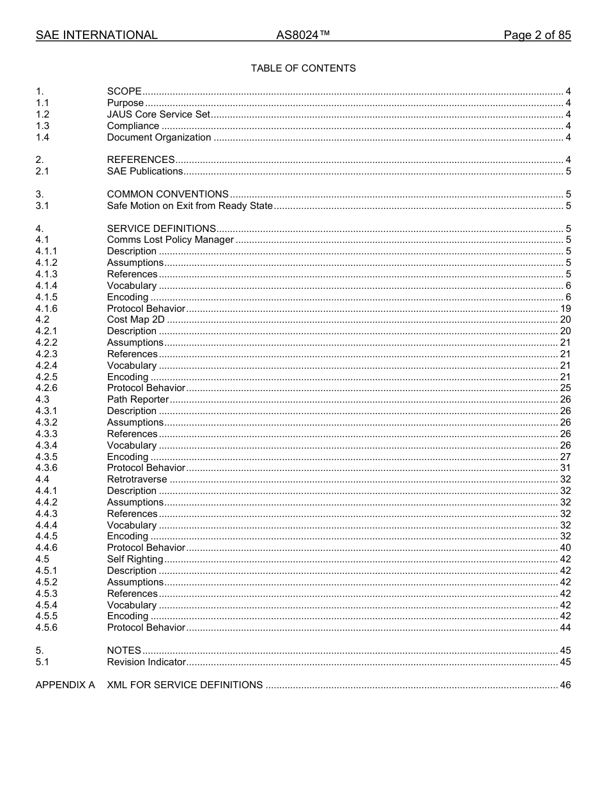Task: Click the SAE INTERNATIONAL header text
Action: pos(96,35)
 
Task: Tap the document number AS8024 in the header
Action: pos(303,35)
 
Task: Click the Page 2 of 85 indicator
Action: pos(537,35)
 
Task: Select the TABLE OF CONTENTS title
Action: pos(303,68)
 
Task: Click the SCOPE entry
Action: pos(124,91)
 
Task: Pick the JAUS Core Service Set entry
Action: pos(158,114)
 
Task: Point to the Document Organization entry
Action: pos(158,137)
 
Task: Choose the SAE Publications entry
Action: pos(144,171)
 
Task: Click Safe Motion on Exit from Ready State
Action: pos(190,206)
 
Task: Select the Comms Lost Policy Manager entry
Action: pos(170,240)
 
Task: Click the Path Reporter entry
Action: pos(137,399)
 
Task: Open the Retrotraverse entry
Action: pos(137,479)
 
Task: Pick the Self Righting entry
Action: pos(135,559)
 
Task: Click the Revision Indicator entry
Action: pos(146,662)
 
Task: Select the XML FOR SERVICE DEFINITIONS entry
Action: pos(185,685)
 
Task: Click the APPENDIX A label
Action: pos(65,685)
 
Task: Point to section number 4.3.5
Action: pos(47,457)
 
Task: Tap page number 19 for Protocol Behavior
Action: pos(565,308)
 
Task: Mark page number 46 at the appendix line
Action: pos(565,685)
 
